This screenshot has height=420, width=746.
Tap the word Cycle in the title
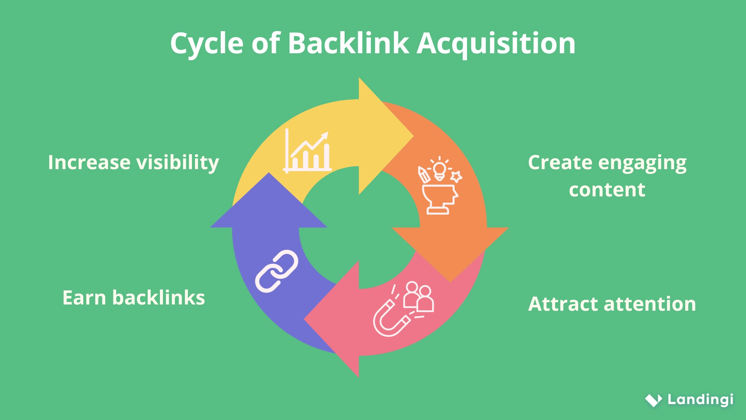point(206,44)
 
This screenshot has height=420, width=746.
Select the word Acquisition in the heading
point(496,44)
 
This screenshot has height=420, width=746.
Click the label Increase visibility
point(133,163)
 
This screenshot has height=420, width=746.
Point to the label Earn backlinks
point(133,298)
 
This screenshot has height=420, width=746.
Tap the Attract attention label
point(612,304)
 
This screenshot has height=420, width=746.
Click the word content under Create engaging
point(607,190)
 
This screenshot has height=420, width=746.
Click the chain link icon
point(276,271)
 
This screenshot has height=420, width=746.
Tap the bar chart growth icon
point(307,152)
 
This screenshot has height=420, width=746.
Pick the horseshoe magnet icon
point(390,320)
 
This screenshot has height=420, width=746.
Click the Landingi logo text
point(700,399)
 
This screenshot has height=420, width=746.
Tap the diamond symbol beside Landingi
point(654,400)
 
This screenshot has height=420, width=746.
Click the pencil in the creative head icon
point(423,175)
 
